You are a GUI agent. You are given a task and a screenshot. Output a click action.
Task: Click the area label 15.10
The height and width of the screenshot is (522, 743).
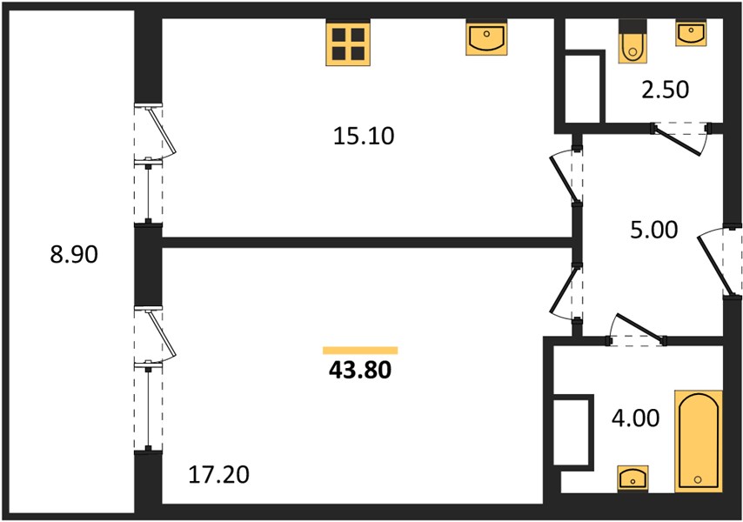[x=364, y=136]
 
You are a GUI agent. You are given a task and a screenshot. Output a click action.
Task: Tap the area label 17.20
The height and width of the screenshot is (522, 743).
[x=218, y=475]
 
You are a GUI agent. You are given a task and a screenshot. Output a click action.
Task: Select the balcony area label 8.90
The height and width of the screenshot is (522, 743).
[x=74, y=254]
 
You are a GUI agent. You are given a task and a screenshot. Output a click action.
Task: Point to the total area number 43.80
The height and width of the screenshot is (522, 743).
[x=360, y=370]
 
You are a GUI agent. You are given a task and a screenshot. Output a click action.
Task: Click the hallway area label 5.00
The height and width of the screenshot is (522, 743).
[x=654, y=230]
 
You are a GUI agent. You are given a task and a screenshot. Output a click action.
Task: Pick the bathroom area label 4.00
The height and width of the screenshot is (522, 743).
[x=635, y=418]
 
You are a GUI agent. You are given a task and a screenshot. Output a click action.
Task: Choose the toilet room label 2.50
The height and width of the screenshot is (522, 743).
[x=666, y=90]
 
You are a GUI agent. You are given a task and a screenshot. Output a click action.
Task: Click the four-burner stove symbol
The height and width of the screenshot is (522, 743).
[x=348, y=43]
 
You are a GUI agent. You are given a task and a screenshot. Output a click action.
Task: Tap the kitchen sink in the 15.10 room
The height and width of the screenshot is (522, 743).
[x=486, y=39]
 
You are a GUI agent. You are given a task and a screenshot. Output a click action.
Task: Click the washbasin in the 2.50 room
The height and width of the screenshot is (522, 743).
[x=691, y=34]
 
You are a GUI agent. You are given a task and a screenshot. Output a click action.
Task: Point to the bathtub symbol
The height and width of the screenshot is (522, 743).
[x=699, y=441]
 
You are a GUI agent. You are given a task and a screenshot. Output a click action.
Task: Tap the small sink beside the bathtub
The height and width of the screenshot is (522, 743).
[x=633, y=478]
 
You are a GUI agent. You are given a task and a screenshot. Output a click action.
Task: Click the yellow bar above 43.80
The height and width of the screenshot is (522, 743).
[x=360, y=351]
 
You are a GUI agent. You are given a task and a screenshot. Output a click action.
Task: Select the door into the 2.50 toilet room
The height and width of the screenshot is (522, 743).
[x=681, y=138]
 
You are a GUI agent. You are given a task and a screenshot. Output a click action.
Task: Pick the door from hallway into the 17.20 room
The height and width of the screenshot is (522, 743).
[x=566, y=292]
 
